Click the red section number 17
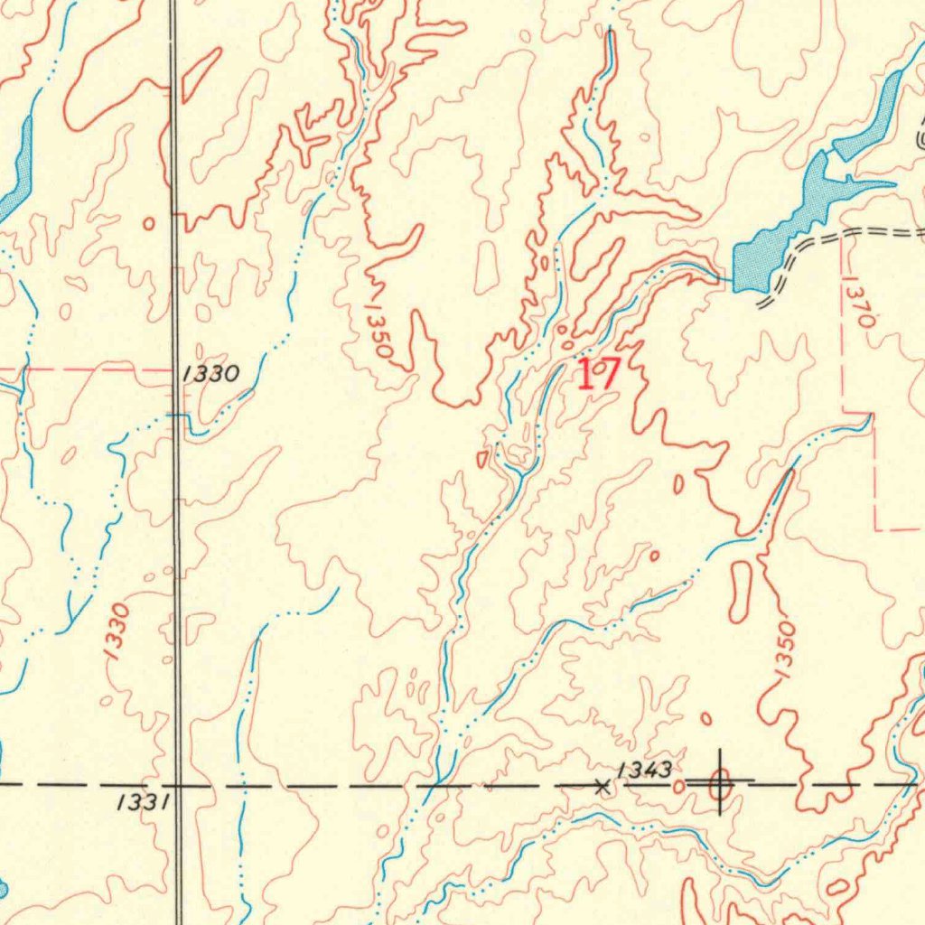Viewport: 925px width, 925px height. [598, 373]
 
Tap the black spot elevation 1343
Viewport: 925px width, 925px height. [644, 770]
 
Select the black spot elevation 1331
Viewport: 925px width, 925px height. [143, 801]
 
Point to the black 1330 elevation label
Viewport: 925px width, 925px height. [210, 373]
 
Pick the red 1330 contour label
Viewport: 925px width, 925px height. [117, 633]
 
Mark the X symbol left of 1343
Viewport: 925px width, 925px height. [603, 788]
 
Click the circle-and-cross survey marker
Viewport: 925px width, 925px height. [720, 783]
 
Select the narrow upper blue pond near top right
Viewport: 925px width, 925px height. [876, 113]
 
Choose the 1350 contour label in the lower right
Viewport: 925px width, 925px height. [783, 649]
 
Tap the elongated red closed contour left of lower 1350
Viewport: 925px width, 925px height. [739, 592]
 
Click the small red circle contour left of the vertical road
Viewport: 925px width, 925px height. [149, 222]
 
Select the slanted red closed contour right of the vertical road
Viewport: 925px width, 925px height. [202, 74]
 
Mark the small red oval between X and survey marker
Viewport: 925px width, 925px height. [678, 787]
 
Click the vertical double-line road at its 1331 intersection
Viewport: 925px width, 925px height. [178, 785]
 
